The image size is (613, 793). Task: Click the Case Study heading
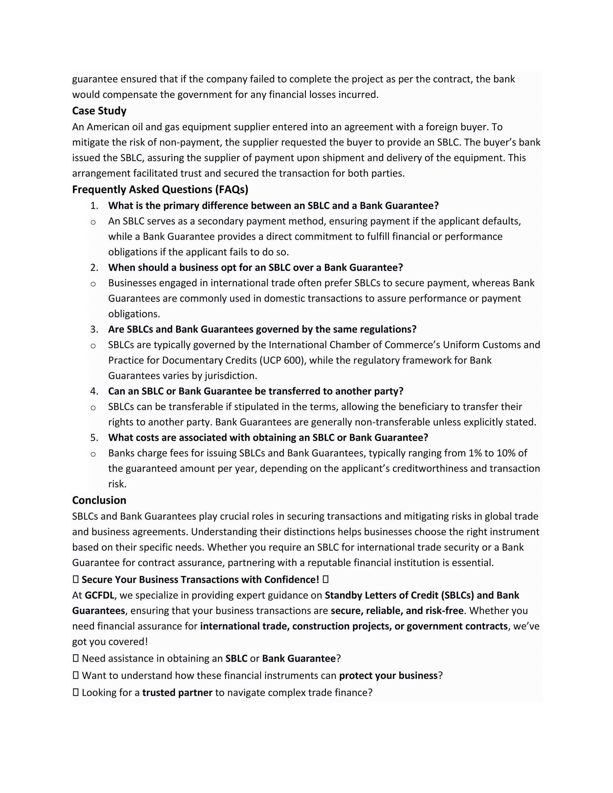point(99,111)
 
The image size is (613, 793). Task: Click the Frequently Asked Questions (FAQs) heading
point(160,189)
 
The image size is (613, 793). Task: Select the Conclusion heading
point(99,500)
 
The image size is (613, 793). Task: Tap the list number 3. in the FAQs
point(94,329)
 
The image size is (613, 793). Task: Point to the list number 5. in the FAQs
point(94,437)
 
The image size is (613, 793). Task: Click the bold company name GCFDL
point(99,595)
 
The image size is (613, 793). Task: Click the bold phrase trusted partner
point(177,693)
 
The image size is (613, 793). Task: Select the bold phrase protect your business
point(388,676)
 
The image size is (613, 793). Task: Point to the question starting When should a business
point(255,268)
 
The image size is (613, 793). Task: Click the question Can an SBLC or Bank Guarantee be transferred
point(256,391)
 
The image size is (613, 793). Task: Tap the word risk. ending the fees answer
point(117,484)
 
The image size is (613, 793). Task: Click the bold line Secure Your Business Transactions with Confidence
point(200,580)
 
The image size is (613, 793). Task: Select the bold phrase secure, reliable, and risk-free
point(397,611)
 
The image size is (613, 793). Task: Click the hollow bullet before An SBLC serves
point(93,222)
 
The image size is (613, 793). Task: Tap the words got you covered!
point(110,642)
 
